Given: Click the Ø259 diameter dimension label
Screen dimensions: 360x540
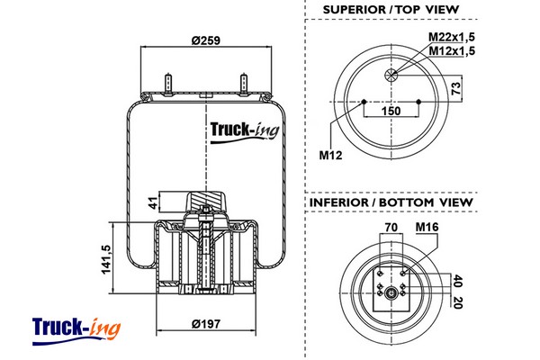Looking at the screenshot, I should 206,39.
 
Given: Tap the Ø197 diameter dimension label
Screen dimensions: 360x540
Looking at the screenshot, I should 207,325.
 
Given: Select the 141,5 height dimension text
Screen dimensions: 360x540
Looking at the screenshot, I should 105,259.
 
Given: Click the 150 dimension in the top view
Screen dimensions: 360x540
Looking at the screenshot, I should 391,111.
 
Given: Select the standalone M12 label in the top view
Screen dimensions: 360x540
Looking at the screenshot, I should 332,154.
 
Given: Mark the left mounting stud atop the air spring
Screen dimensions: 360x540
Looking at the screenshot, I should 168,83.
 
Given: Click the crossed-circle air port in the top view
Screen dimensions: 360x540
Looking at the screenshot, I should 391,75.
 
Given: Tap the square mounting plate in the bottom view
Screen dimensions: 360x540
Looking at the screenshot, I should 391,286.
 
